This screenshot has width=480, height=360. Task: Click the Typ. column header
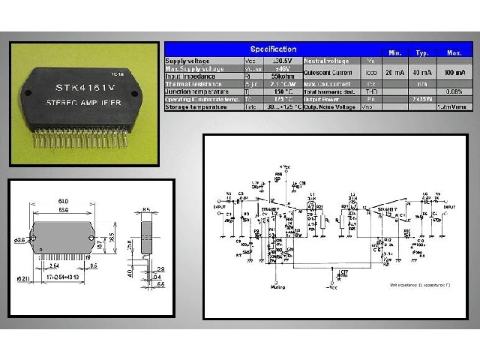[421, 52]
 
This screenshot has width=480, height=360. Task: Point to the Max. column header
[454, 52]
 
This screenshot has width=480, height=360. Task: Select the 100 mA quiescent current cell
[454, 72]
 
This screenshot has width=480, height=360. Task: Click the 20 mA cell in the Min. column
[393, 72]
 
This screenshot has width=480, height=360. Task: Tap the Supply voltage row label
[188, 60]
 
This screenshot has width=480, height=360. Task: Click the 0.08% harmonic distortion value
[454, 91]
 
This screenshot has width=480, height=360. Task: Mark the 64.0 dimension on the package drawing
[64, 200]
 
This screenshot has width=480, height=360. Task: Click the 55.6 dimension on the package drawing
[64, 210]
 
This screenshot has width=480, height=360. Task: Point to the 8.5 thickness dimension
[146, 209]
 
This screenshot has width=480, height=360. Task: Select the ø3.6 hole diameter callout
[20, 239]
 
